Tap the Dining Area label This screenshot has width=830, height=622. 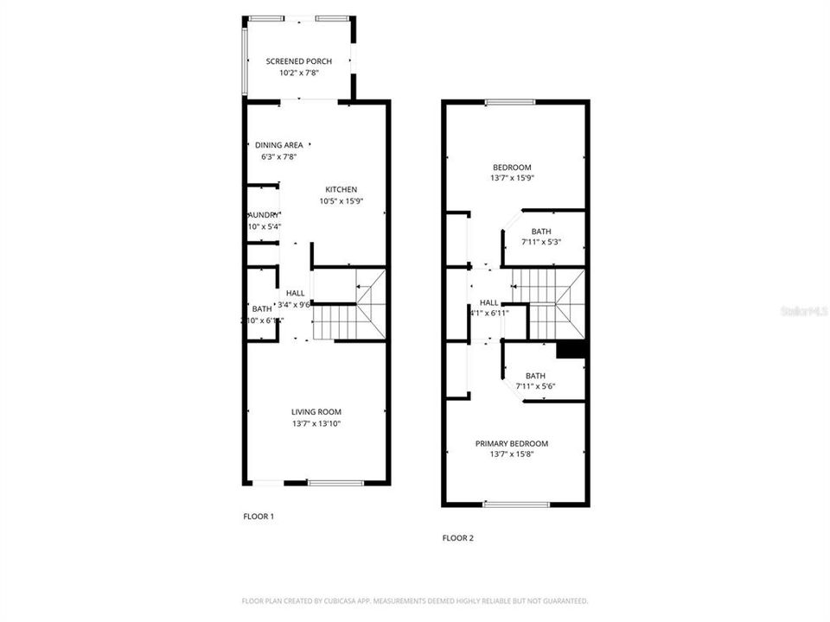pyautogui.click(x=278, y=145)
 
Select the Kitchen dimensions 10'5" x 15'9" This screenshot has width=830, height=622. pyautogui.click(x=341, y=202)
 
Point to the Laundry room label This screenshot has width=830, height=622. pyautogui.click(x=264, y=215)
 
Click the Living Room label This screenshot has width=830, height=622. pyautogui.click(x=316, y=411)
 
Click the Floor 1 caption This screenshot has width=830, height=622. pyautogui.click(x=259, y=517)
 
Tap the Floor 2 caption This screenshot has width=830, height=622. pyautogui.click(x=458, y=537)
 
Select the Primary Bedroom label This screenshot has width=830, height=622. pyautogui.click(x=512, y=444)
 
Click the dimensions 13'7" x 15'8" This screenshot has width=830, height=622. pyautogui.click(x=512, y=455)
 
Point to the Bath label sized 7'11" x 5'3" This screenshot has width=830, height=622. pyautogui.click(x=541, y=232)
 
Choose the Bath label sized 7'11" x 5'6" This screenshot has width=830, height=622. pyautogui.click(x=535, y=376)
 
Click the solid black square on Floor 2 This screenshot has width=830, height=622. pyautogui.click(x=571, y=349)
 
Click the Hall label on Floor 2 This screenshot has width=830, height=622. pyautogui.click(x=489, y=302)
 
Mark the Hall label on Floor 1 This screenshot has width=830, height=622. pyautogui.click(x=295, y=293)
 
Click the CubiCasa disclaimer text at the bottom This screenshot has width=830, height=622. pyautogui.click(x=414, y=600)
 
